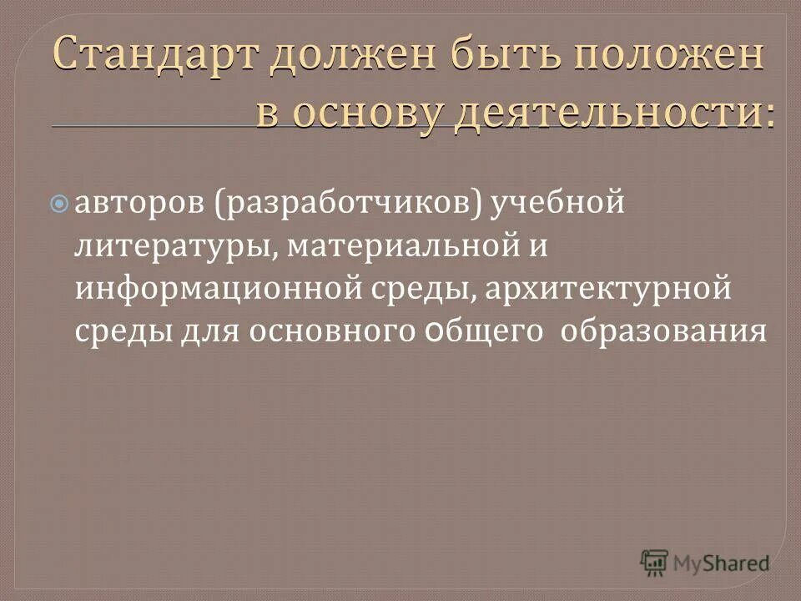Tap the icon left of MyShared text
coord(656,562)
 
